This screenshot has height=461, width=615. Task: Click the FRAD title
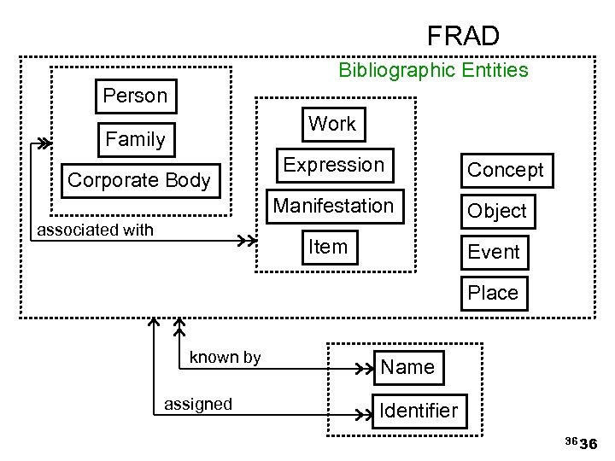pyautogui.click(x=463, y=36)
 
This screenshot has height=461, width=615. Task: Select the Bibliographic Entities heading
pyautogui.click(x=433, y=70)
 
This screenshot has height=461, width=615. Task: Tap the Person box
pyautogui.click(x=135, y=96)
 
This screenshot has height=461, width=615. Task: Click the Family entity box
pyautogui.click(x=135, y=138)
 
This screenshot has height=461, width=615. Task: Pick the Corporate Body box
pyautogui.click(x=138, y=180)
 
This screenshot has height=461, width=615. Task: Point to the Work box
pyautogui.click(x=332, y=124)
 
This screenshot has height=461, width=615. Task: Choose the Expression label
pyautogui.click(x=334, y=165)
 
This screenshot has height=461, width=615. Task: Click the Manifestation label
pyautogui.click(x=333, y=206)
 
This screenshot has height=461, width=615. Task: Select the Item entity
pyautogui.click(x=328, y=247)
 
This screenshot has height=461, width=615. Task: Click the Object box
pyautogui.click(x=497, y=211)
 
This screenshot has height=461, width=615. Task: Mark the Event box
pyautogui.click(x=494, y=252)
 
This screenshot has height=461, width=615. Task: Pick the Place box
pyautogui.click(x=493, y=293)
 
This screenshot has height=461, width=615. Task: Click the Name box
pyautogui.click(x=407, y=367)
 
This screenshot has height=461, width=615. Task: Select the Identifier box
pyautogui.click(x=419, y=411)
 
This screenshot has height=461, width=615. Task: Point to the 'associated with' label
pyautogui.click(x=94, y=230)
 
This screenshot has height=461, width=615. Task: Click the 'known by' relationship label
pyautogui.click(x=225, y=357)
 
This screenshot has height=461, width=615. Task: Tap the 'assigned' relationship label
pyautogui.click(x=197, y=404)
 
